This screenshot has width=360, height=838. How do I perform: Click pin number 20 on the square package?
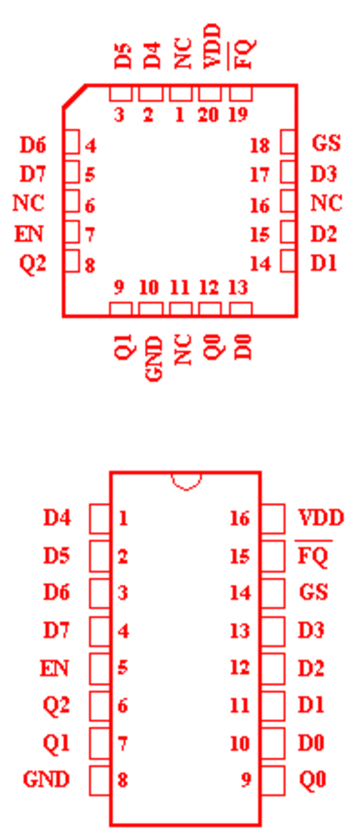point(209,114)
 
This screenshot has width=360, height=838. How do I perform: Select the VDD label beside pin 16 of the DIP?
point(321,518)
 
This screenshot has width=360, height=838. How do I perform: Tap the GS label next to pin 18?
point(326,144)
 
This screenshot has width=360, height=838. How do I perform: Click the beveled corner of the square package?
point(74,96)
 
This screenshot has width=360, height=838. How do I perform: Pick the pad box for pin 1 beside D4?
point(99,518)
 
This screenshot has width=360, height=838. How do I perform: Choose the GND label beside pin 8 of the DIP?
point(47,780)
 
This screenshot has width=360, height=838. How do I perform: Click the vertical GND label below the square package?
point(154,358)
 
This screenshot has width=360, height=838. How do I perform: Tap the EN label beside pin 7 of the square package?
point(29,234)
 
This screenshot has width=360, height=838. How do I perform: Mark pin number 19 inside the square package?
point(238,114)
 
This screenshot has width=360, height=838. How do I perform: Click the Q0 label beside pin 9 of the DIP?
point(312,780)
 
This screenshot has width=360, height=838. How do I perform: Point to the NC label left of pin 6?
point(28,203)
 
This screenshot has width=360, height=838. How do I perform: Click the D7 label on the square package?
point(33,175)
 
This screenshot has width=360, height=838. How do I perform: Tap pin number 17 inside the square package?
point(259,175)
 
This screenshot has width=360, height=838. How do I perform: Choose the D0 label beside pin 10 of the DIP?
point(312,743)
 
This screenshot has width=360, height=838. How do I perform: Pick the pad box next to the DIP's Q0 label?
point(274,780)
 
